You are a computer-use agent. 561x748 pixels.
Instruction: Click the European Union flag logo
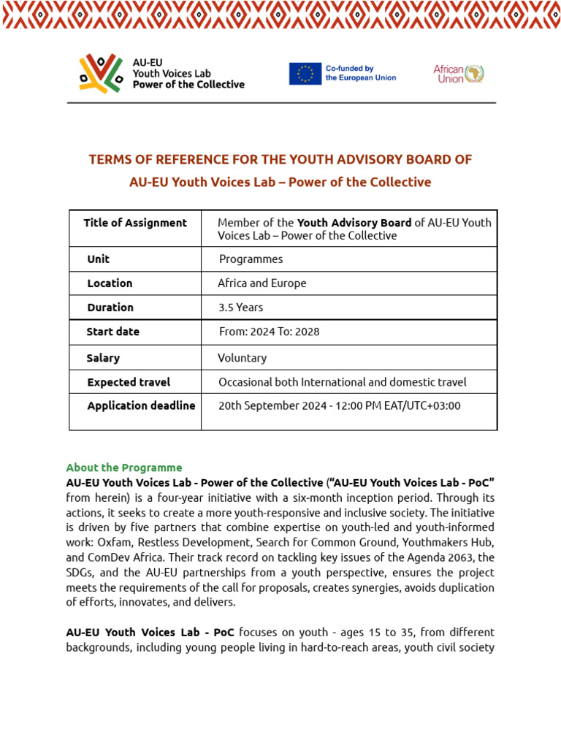click(305, 74)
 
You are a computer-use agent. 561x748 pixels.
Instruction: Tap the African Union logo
click(459, 74)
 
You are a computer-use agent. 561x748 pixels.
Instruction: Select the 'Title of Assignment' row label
click(135, 223)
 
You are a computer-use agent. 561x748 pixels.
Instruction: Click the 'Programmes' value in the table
click(251, 259)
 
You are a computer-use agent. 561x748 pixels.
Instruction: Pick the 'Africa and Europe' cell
click(262, 283)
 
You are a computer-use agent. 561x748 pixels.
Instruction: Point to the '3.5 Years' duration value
click(240, 308)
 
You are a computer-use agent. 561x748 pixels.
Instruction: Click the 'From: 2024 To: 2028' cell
click(269, 332)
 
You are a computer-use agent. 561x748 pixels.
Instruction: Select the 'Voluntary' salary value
click(242, 358)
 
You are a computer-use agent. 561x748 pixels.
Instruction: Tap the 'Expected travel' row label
click(129, 382)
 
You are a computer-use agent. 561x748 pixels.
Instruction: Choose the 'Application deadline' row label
click(141, 405)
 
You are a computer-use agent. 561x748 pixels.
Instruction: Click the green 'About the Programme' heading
click(124, 467)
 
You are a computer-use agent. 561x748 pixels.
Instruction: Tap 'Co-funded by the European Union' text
click(361, 73)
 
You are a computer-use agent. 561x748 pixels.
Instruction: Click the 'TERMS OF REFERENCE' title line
click(280, 159)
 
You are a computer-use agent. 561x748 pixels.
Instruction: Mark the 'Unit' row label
click(98, 259)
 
